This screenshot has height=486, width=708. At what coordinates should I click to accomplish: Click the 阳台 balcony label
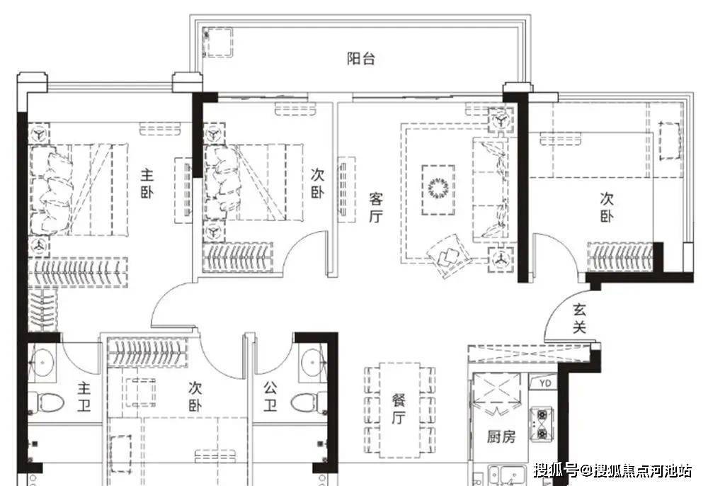(x=361, y=58)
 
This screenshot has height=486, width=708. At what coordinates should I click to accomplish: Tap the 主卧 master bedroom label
(x=147, y=183)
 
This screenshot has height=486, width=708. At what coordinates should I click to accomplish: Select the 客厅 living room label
(x=376, y=208)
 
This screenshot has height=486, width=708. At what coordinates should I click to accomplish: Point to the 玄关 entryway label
(x=579, y=318)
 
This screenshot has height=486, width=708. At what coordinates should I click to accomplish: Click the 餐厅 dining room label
(x=398, y=409)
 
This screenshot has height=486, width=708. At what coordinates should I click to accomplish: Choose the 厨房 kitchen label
(x=501, y=436)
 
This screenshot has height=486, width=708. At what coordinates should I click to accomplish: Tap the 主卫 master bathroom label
(x=84, y=397)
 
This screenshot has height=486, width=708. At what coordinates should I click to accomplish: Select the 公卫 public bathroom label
(x=270, y=396)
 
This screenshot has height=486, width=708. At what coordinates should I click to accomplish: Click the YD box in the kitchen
(x=545, y=383)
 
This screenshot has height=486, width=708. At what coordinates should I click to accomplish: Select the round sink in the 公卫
(x=313, y=362)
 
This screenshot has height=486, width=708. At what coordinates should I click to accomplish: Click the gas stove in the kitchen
(x=541, y=424)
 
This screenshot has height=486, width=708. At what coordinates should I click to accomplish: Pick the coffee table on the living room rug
(x=438, y=189)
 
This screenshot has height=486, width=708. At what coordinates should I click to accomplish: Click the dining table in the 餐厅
(x=399, y=409)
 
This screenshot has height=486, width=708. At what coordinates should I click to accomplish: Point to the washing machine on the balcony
(x=219, y=42)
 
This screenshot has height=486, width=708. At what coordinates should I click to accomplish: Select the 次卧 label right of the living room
(x=607, y=207)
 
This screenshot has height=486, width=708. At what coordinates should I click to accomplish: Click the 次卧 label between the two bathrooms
(x=195, y=396)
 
